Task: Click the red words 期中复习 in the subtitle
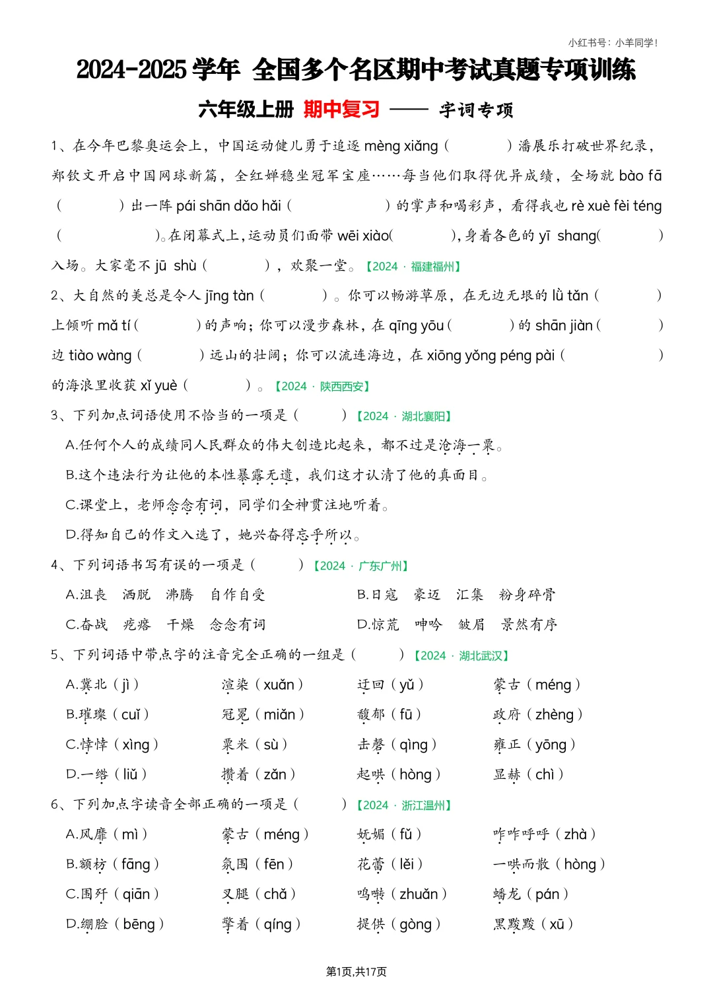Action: tap(341, 109)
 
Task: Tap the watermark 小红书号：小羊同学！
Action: tap(613, 43)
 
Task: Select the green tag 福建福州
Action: tap(433, 267)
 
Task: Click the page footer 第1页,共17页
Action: tap(356, 972)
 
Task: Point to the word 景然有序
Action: tap(529, 624)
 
